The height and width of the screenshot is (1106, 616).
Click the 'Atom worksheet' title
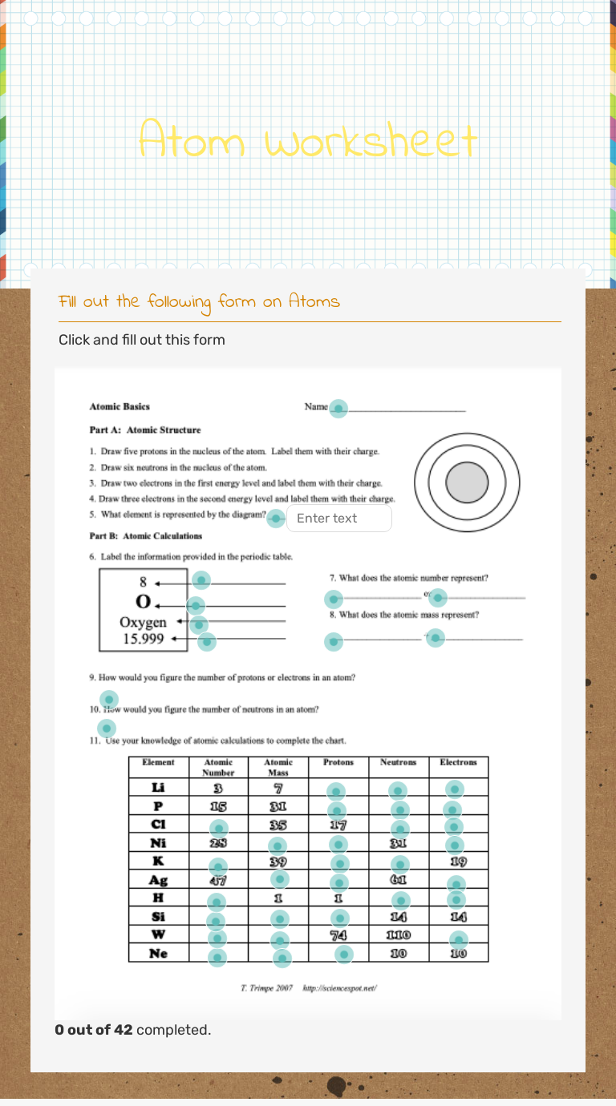tap(308, 142)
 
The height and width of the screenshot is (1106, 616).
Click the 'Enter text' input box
tap(339, 519)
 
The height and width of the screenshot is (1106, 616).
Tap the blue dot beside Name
tap(338, 409)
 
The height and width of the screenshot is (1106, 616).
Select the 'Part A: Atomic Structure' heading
tap(145, 430)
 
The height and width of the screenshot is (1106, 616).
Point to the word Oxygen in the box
tap(143, 622)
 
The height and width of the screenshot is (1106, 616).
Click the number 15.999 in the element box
tap(143, 639)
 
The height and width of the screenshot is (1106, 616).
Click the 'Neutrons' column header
tap(398, 763)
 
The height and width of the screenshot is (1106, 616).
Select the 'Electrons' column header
tap(458, 763)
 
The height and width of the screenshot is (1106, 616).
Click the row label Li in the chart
tap(158, 788)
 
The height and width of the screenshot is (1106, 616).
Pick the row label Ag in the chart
tap(158, 880)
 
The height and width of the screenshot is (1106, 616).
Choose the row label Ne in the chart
tap(158, 954)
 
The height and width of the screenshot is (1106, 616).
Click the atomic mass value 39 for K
tap(278, 862)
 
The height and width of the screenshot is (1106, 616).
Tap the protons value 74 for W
tap(338, 935)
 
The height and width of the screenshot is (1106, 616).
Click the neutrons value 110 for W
tap(398, 935)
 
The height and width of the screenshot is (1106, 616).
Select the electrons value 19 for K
tap(458, 862)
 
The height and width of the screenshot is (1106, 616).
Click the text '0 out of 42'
tap(94, 1030)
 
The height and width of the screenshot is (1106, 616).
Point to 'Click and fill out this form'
tap(142, 340)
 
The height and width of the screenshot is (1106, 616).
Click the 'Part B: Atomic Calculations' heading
tap(146, 536)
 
